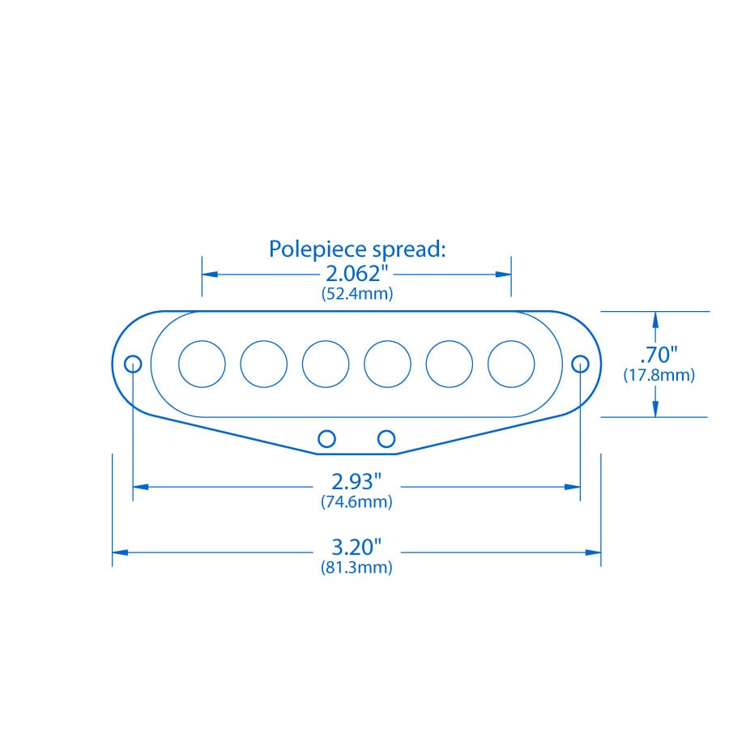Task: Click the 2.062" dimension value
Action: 356,274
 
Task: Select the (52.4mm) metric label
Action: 357,293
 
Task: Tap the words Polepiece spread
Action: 357,249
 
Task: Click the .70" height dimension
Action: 659,355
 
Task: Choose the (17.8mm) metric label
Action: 659,375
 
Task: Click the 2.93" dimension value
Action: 356,482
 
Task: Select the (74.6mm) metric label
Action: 356,501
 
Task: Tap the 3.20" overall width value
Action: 356,548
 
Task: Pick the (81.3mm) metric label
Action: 356,567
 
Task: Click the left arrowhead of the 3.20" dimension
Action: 120,552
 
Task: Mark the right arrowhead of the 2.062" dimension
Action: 504,275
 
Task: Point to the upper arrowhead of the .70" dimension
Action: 655,320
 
